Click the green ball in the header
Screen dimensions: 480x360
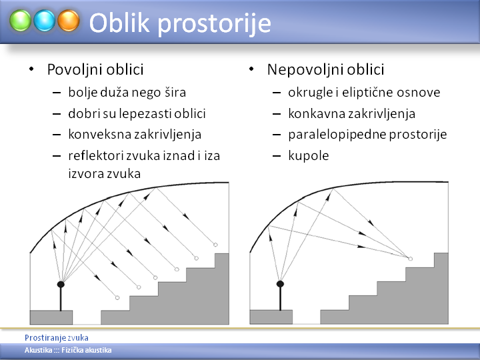pos(20,21)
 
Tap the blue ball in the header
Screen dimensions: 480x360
pos(45,21)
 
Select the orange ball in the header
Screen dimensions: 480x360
pos(69,21)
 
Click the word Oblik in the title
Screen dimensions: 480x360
pos(119,23)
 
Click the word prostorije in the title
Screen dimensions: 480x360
pos(214,24)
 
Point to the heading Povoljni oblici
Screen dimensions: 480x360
pos(95,69)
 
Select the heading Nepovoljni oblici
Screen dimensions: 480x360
pos(325,69)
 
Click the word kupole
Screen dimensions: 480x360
pos(309,156)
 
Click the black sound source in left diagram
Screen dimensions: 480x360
pos(61,285)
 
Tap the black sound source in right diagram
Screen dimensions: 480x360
pos(280,284)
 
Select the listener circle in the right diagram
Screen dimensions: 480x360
pos(411,259)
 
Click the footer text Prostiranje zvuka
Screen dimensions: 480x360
pos(57,337)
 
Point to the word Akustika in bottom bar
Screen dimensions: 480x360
pos(38,350)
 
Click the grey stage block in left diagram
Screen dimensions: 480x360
pos(51,317)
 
